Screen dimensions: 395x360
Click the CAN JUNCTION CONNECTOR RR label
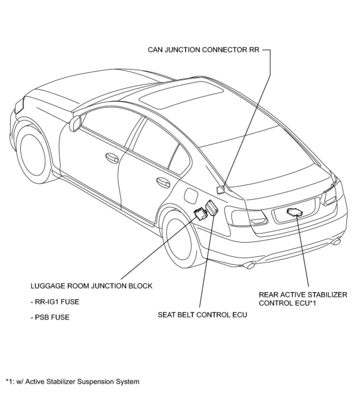pos(204,50)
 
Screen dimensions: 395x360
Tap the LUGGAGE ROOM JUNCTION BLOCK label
pos(91,286)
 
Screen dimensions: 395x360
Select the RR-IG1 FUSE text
pos(55,302)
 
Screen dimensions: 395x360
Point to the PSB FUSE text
pos(50,317)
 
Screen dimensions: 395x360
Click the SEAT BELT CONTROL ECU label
pos(202,315)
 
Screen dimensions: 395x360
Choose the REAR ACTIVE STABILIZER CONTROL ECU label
pos(303,299)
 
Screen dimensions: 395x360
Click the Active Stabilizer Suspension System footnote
pos(72,382)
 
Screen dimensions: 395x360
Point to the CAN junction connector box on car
pos(220,190)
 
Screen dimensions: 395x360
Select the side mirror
pos(75,124)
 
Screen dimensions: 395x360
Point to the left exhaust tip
pos(249,264)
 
